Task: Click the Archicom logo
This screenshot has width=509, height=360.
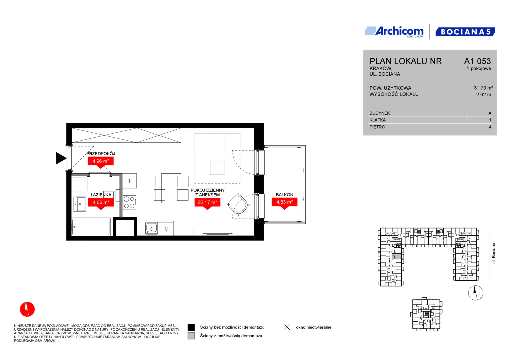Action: pyautogui.click(x=394, y=32)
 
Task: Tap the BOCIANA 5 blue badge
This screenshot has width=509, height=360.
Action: pyautogui.click(x=465, y=32)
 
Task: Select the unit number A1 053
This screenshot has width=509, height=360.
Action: pyautogui.click(x=477, y=61)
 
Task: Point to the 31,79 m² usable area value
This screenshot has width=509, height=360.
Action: pyautogui.click(x=483, y=88)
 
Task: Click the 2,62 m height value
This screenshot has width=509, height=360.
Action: pyautogui.click(x=484, y=95)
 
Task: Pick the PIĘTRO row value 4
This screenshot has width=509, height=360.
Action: pyautogui.click(x=490, y=127)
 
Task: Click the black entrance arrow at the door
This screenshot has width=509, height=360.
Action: pyautogui.click(x=61, y=158)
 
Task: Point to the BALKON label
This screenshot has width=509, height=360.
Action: pyautogui.click(x=284, y=195)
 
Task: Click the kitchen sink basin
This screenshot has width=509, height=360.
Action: pyautogui.click(x=152, y=228)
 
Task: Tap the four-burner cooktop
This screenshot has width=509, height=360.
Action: pyautogui.click(x=129, y=202)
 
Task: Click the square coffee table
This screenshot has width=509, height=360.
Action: pyautogui.click(x=217, y=167)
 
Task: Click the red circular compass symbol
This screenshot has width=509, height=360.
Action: pyautogui.click(x=27, y=309)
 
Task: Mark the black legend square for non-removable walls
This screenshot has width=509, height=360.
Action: pyautogui.click(x=191, y=327)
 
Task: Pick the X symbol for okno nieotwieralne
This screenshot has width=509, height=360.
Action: pyautogui.click(x=287, y=327)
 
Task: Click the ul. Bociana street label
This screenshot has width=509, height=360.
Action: pyautogui.click(x=494, y=253)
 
